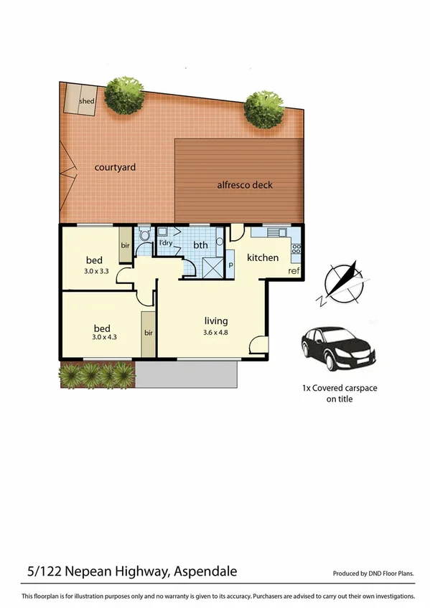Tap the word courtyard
tap(116, 168)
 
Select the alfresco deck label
tap(245, 185)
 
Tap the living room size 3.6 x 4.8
tap(215, 331)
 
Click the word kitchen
tap(263, 257)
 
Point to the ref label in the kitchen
tap(293, 271)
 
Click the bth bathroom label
tap(200, 245)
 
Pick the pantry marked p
tap(231, 264)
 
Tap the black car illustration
tap(337, 348)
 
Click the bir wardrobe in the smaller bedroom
tap(125, 245)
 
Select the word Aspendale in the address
tap(205, 571)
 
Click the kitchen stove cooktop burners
tap(296, 252)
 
